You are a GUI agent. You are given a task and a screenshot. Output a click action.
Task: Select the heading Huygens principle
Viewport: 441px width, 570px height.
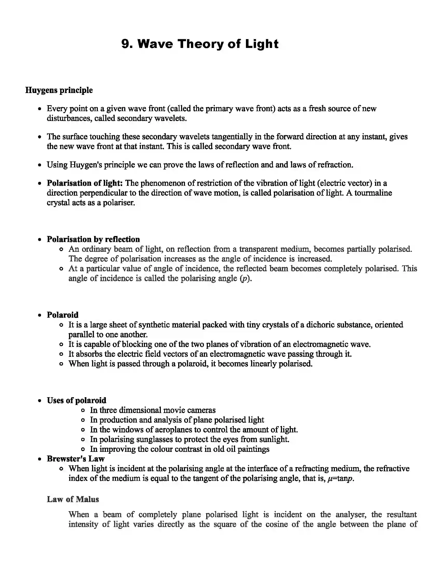click(59, 90)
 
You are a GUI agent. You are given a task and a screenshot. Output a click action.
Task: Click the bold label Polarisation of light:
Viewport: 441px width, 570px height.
click(85, 183)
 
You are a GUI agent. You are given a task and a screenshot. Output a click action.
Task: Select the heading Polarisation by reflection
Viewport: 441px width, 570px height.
click(93, 239)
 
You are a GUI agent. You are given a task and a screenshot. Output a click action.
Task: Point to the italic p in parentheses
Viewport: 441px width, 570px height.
click(245, 279)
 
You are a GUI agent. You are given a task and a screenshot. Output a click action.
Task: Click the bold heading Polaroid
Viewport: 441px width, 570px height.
click(63, 315)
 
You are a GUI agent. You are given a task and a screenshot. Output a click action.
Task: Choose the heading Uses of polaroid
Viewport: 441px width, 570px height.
click(77, 400)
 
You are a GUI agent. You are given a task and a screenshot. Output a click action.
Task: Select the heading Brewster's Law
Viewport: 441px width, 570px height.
click(75, 459)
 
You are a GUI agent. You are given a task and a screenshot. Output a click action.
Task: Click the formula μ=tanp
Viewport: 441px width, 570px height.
click(340, 478)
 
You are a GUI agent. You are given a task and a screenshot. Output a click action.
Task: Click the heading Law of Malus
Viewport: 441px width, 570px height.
click(73, 499)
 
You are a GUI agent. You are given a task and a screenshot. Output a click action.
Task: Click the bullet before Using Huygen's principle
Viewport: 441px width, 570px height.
click(39, 165)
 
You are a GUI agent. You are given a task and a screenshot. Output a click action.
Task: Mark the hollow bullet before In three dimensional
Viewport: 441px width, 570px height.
click(83, 410)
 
